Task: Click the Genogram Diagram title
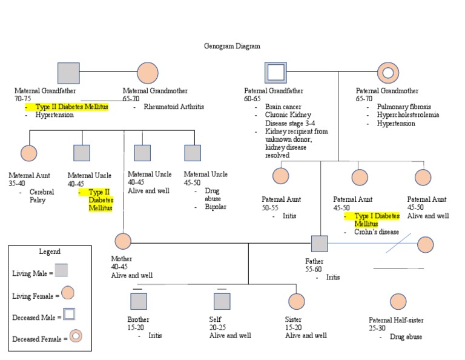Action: pyautogui.click(x=232, y=46)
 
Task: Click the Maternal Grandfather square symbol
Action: pyautogui.click(x=68, y=73)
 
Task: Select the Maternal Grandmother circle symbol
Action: pyautogui.click(x=148, y=73)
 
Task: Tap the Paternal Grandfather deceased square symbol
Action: pyautogui.click(x=275, y=73)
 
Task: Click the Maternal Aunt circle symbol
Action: pyautogui.click(x=28, y=153)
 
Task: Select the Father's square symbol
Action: pyautogui.click(x=319, y=244)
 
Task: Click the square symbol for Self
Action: pyautogui.click(x=222, y=301)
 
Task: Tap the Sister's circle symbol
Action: pyautogui.click(x=296, y=301)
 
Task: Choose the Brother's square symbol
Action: pyautogui.click(x=139, y=301)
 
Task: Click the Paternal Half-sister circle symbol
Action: pyautogui.click(x=398, y=301)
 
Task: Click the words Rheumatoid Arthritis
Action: pyautogui.click(x=174, y=107)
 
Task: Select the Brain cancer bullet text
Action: pyautogui.click(x=283, y=107)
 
